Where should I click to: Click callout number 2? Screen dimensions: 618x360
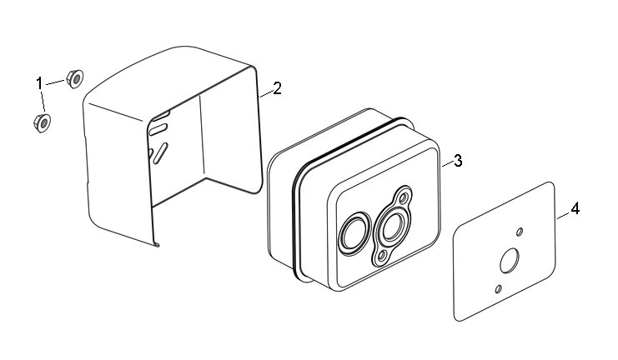tap(277, 88)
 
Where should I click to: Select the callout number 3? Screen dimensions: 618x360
tap(457, 160)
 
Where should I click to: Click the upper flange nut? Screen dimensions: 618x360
tap(73, 79)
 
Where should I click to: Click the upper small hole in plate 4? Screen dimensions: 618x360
tap(519, 231)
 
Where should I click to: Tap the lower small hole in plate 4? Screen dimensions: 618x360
tap(498, 288)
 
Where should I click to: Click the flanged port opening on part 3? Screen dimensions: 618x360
tap(391, 224)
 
